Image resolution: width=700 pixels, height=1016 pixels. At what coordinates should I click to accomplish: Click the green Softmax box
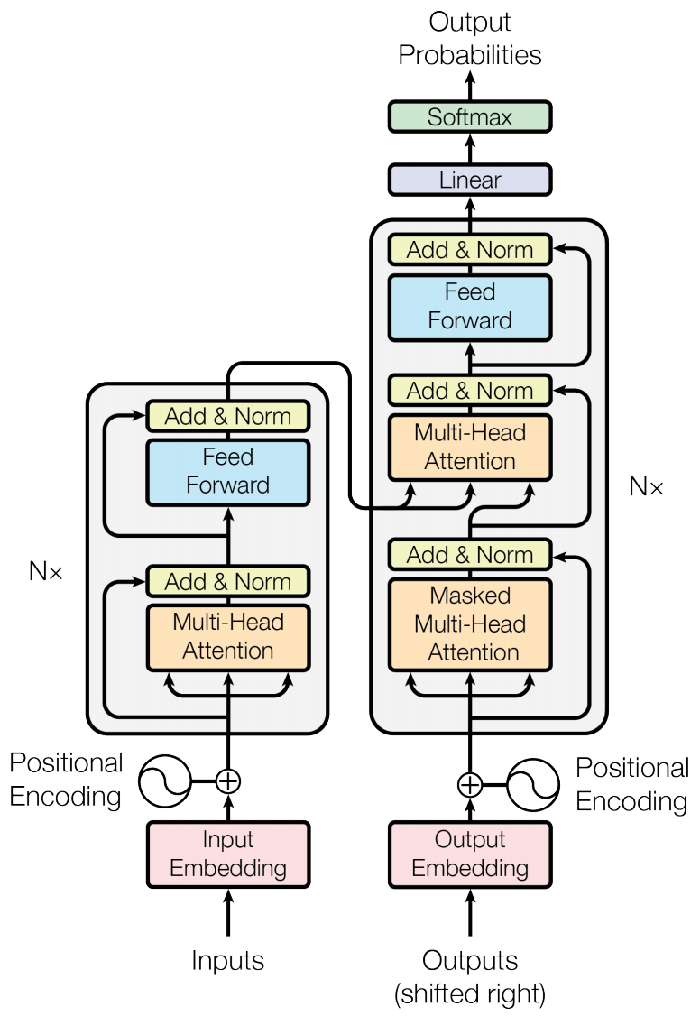(469, 117)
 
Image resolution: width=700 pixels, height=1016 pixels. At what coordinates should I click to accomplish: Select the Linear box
(469, 180)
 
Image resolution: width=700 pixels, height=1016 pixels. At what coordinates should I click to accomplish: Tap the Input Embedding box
(228, 854)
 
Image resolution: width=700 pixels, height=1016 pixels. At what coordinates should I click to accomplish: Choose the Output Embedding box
(469, 854)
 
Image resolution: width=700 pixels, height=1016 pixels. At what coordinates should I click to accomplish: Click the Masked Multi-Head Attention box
(469, 624)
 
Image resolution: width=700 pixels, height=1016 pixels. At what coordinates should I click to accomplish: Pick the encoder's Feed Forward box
(228, 471)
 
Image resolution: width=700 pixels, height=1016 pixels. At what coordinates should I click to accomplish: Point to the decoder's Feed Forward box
(469, 307)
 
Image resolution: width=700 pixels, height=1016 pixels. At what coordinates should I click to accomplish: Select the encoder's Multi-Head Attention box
(228, 636)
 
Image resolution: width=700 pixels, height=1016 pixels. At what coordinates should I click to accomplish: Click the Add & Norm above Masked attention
(469, 554)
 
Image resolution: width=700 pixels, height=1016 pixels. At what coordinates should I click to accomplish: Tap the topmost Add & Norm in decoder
(469, 250)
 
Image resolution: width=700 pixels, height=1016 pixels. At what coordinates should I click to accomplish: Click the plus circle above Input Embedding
(229, 780)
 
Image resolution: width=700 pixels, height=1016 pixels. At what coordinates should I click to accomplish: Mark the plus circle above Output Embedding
(469, 784)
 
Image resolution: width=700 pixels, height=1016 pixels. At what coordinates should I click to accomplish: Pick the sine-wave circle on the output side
(533, 785)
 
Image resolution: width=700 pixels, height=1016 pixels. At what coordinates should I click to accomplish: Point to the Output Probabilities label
(469, 38)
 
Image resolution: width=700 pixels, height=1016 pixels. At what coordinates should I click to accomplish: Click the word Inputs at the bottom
(228, 961)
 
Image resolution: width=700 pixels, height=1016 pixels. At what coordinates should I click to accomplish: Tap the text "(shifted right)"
(469, 994)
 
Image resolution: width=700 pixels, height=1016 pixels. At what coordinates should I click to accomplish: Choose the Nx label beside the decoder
(646, 487)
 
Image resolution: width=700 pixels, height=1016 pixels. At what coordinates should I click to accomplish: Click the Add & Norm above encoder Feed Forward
(228, 417)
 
